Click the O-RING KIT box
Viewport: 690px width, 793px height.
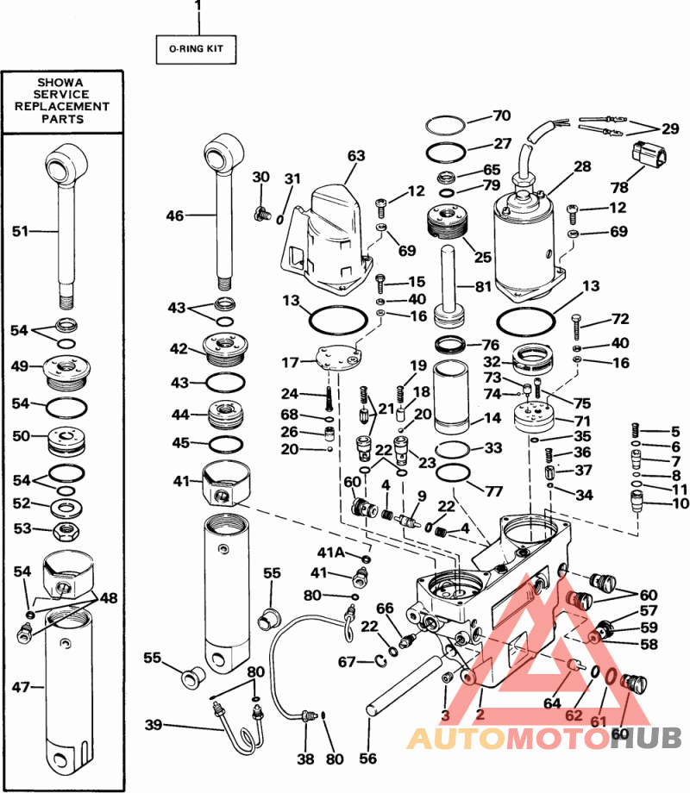point(195,49)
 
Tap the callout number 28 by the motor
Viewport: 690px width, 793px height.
point(582,166)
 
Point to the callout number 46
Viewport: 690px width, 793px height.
point(174,216)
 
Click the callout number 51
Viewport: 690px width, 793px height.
point(21,231)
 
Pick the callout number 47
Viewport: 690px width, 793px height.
point(21,687)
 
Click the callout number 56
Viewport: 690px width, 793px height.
point(369,759)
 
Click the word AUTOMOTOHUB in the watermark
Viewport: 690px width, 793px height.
point(543,738)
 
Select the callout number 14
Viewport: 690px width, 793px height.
point(492,419)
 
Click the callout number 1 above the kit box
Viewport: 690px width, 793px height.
point(198,7)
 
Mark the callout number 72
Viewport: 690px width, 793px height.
point(620,319)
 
